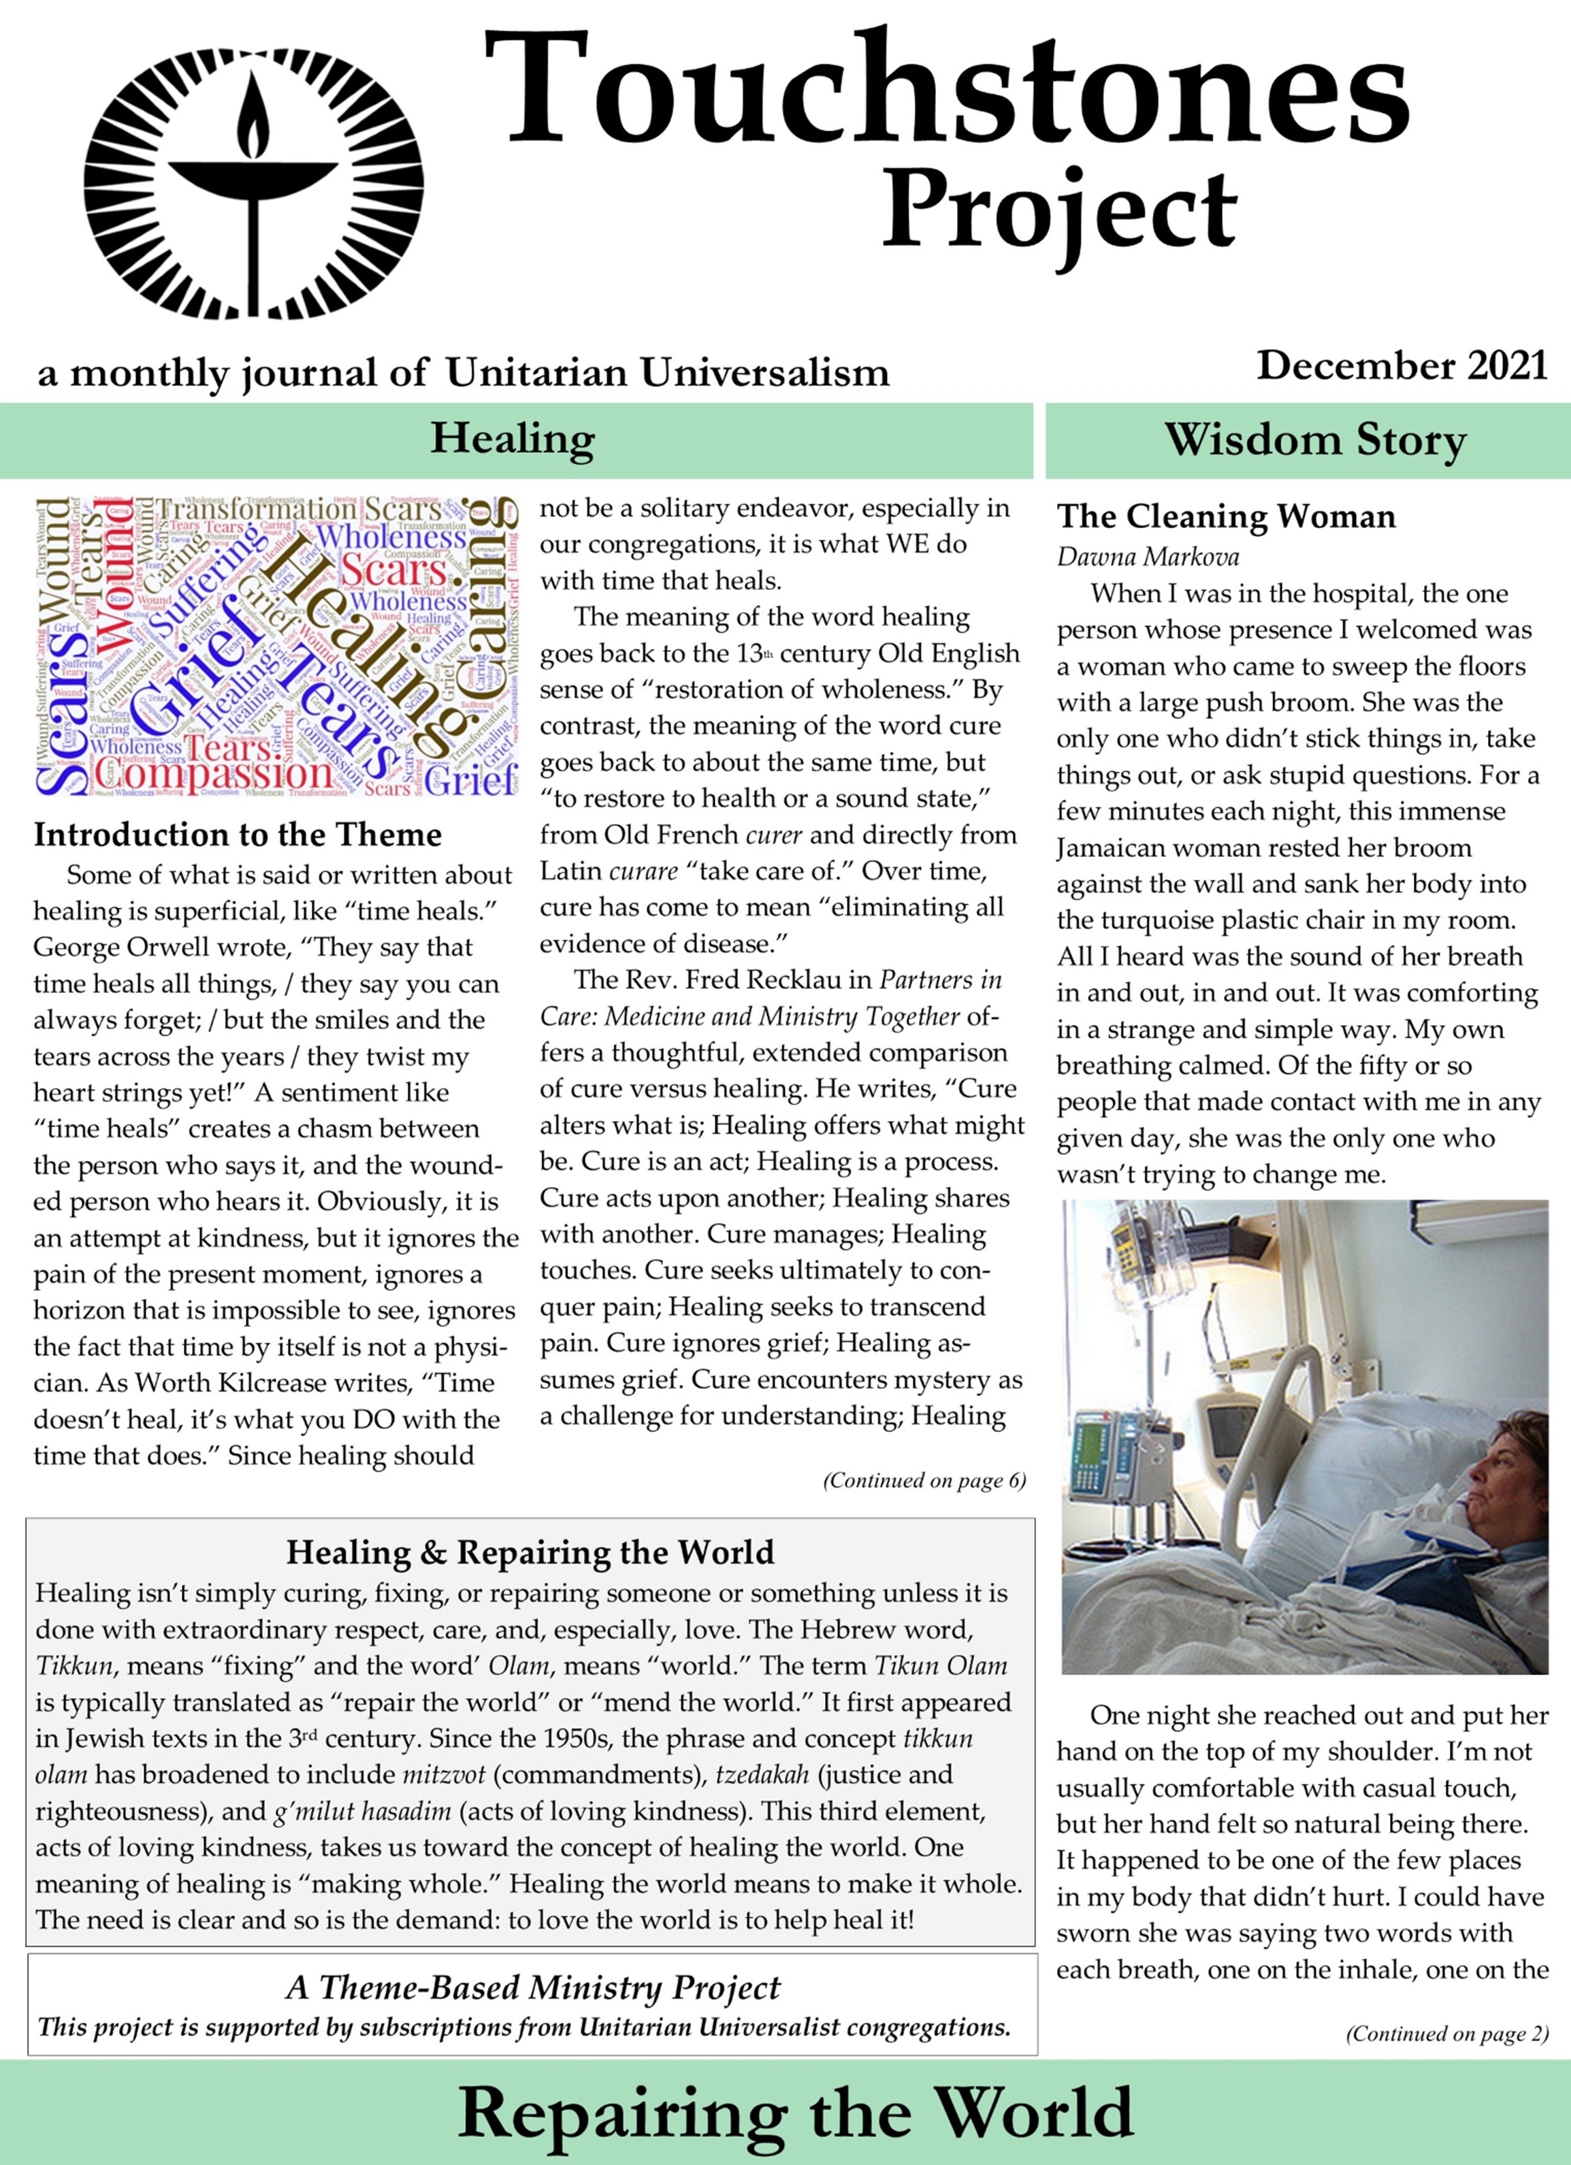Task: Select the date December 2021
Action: pyautogui.click(x=1401, y=365)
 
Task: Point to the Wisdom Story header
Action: pyautogui.click(x=1314, y=441)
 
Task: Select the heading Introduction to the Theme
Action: pyautogui.click(x=238, y=835)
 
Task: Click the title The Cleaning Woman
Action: pyautogui.click(x=1225, y=517)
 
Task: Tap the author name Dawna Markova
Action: pyautogui.click(x=1147, y=557)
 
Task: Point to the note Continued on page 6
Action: pyautogui.click(x=924, y=1480)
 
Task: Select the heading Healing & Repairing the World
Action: pyautogui.click(x=530, y=1553)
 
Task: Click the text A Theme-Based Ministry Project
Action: pyautogui.click(x=532, y=1987)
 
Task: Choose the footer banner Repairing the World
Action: pyautogui.click(x=795, y=2111)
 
